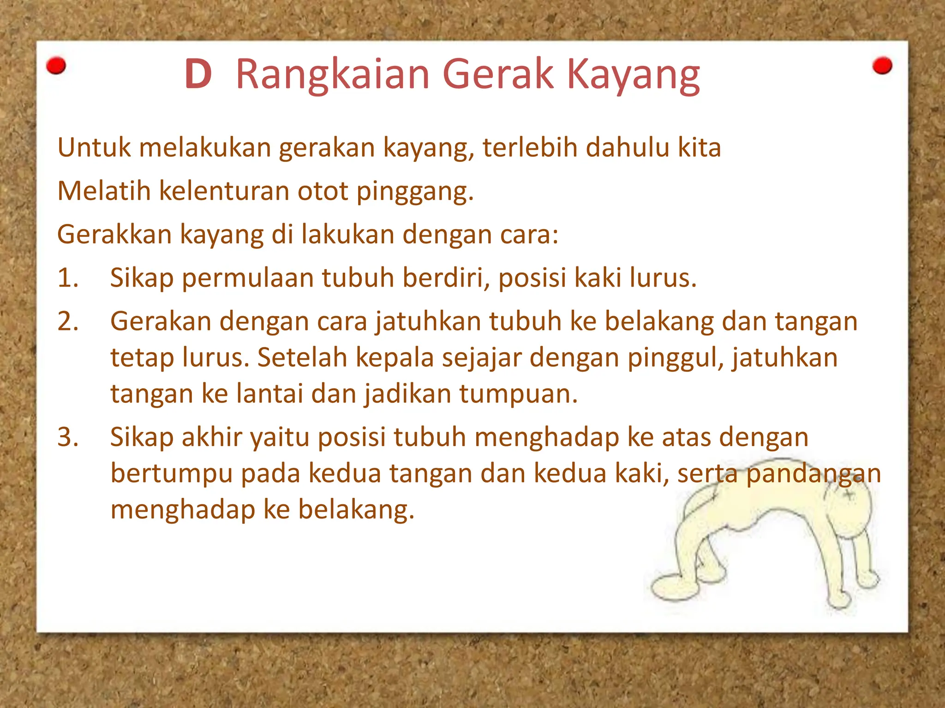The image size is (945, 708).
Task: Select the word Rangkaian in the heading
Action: point(332,75)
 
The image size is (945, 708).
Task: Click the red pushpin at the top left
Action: point(56,66)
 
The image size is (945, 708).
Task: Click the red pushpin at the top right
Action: point(882,66)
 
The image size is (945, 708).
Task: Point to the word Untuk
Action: point(94,148)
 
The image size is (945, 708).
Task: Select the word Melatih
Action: point(104,191)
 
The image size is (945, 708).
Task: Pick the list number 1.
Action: point(68,278)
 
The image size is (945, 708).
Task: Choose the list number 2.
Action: point(68,321)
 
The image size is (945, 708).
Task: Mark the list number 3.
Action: point(68,437)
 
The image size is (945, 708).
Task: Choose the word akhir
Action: point(211,437)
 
